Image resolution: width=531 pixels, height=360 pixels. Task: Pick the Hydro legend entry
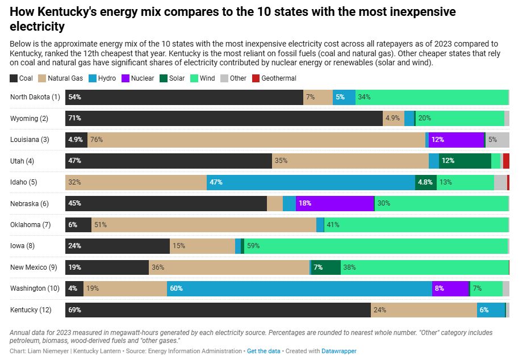coord(102,78)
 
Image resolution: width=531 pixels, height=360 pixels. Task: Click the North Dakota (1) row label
coord(35,97)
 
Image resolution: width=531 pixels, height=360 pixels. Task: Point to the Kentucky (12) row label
coord(32,310)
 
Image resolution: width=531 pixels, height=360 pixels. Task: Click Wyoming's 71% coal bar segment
coord(224,118)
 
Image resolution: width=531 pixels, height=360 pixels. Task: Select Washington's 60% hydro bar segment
coord(299,288)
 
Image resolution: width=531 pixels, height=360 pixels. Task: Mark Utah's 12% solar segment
coord(465,161)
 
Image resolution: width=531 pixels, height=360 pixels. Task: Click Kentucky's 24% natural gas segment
coord(424,310)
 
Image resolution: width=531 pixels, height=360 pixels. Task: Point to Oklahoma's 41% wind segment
coord(416,225)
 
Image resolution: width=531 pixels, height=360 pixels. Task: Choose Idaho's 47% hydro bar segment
coord(311,182)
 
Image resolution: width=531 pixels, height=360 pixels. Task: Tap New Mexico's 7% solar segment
coord(325,267)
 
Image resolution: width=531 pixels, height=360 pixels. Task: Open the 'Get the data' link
coord(264,351)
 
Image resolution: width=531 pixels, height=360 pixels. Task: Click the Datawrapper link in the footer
coord(339,351)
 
